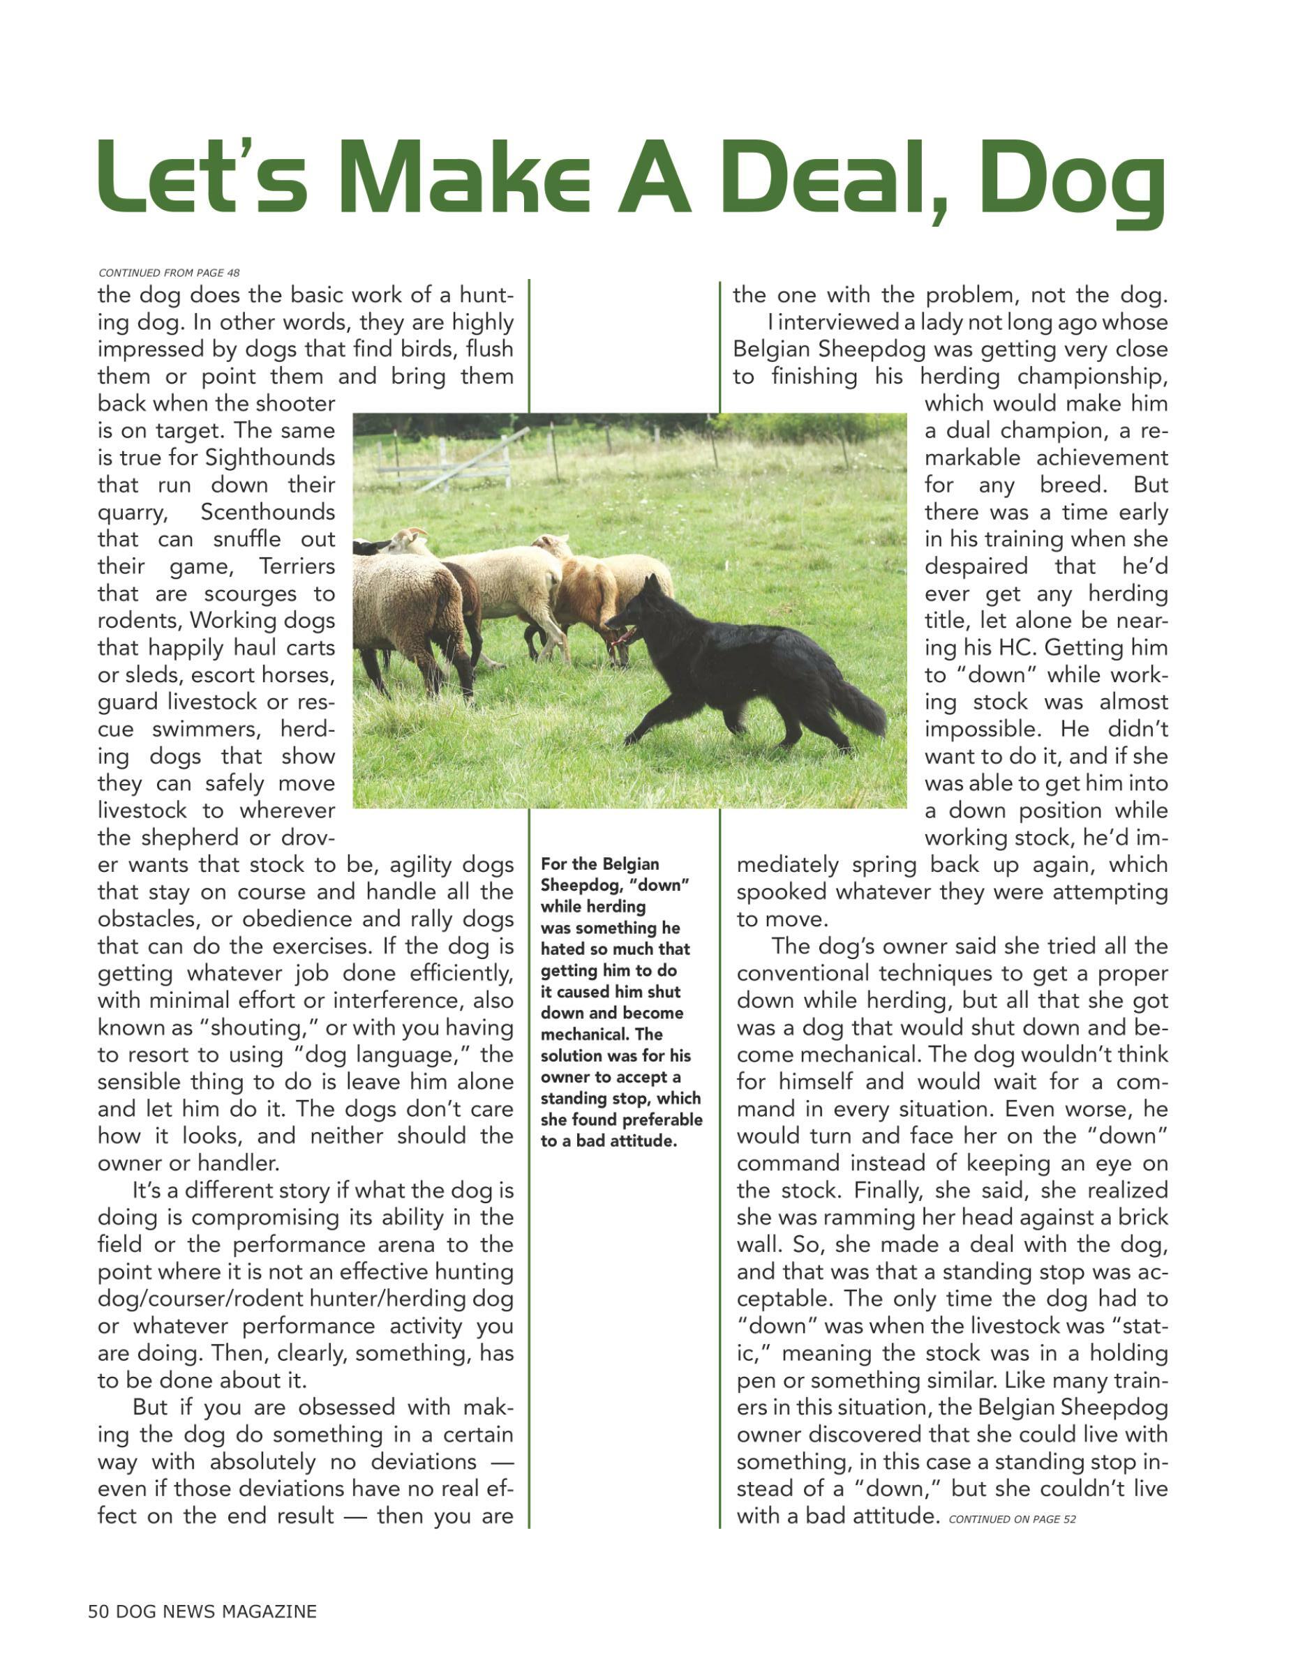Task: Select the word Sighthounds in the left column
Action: pyautogui.click(x=270, y=458)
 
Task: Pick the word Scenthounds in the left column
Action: pyautogui.click(x=267, y=512)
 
